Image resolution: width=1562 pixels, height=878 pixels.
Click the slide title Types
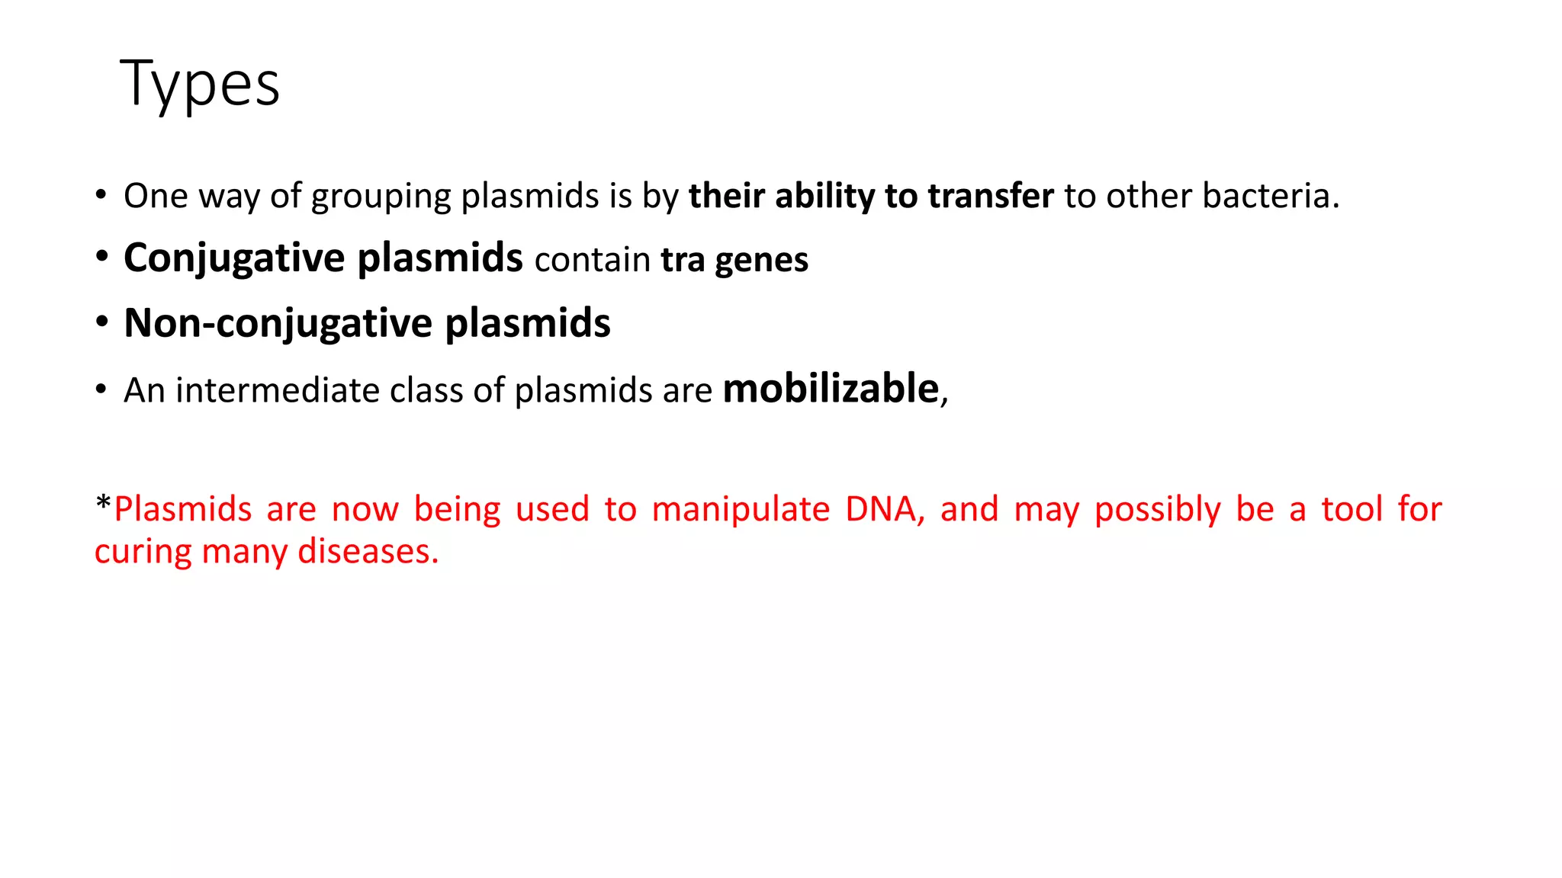tap(200, 84)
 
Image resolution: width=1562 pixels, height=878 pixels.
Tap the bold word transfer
tap(991, 196)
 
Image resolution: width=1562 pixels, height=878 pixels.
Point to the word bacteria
tap(1270, 196)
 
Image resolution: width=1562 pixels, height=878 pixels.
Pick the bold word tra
tap(683, 260)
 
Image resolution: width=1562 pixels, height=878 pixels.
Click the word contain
tap(592, 260)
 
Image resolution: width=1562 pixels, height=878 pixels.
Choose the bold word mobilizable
tap(831, 389)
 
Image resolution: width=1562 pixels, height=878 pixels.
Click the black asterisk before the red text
tap(103, 505)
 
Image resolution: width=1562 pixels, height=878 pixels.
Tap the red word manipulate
tap(741, 509)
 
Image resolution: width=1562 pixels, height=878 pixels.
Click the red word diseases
tap(368, 552)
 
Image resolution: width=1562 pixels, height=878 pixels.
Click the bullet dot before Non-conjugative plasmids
tap(102, 322)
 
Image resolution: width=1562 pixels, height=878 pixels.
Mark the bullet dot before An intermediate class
tap(101, 389)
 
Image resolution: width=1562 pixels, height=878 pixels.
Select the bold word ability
tap(824, 197)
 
